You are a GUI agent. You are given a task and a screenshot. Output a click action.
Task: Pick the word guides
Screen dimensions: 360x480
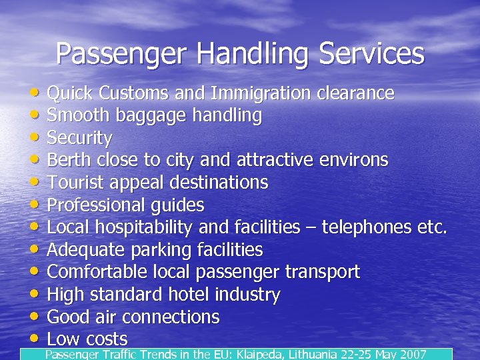[x=178, y=205]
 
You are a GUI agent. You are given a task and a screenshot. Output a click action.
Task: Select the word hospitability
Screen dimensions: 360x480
[x=143, y=227]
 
